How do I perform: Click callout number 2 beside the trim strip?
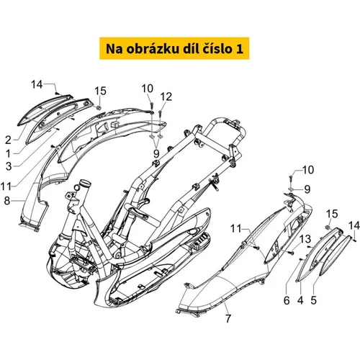(9, 140)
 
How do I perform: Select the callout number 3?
(9, 166)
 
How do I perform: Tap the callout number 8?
(7, 201)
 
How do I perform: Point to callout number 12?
(166, 96)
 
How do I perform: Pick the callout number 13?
(305, 239)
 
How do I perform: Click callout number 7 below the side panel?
(228, 318)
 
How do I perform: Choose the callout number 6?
(287, 300)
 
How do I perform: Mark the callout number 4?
(300, 300)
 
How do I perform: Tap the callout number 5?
(313, 300)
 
